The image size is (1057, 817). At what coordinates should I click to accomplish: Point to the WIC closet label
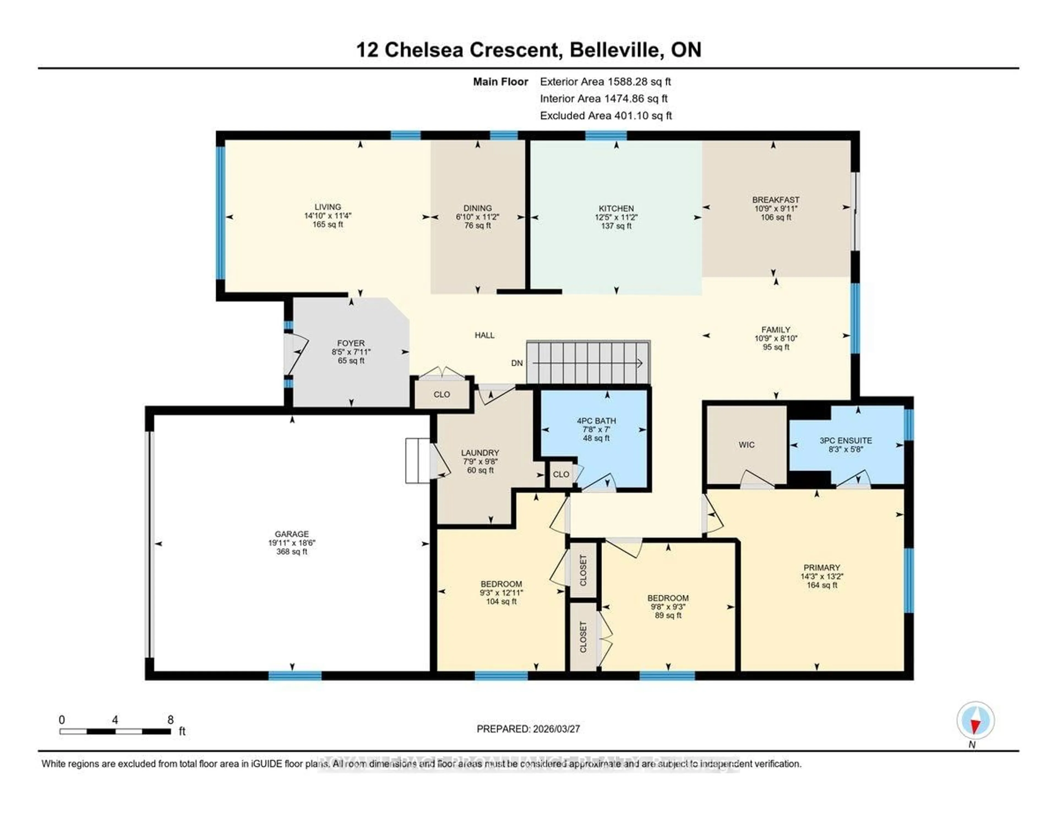746,445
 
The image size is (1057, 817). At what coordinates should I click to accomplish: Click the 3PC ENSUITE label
846,440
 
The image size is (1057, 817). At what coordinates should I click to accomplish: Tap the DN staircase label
517,363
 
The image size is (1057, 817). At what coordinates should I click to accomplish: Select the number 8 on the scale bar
170,720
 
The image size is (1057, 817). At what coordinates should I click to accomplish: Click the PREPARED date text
528,729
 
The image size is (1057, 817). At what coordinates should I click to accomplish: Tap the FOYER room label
351,343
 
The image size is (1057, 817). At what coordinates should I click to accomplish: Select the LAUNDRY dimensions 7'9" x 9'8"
480,462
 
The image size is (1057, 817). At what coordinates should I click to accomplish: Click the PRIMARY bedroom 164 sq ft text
821,585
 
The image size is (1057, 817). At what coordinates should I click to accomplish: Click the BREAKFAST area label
775,199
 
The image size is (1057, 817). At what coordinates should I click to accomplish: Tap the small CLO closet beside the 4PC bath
561,474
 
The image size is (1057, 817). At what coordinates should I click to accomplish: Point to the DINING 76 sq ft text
477,226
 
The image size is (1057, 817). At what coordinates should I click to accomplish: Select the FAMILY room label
775,329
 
